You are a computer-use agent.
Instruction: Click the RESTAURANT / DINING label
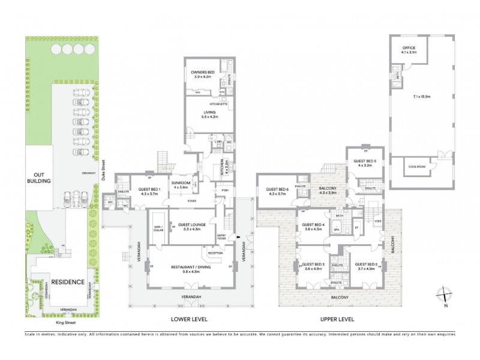[190, 267]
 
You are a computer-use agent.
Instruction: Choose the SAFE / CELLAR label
[158, 229]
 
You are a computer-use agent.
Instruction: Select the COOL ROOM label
[416, 167]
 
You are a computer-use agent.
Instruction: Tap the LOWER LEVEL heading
[190, 319]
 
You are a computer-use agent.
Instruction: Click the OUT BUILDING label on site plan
[37, 178]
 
